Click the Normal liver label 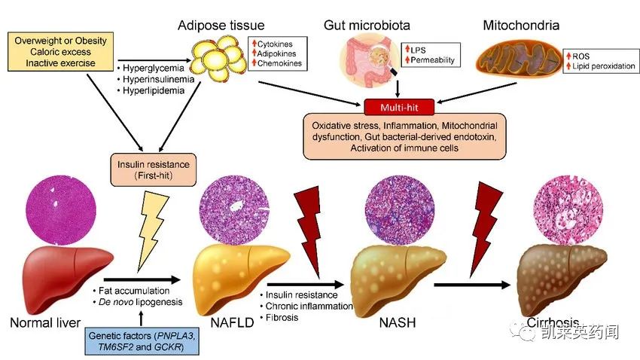pyautogui.click(x=44, y=324)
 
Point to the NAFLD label pyautogui.click(x=228, y=324)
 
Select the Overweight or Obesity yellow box pyautogui.click(x=61, y=51)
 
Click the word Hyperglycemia pyautogui.click(x=151, y=66)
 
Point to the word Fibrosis pyautogui.click(x=281, y=317)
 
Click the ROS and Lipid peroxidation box pyautogui.click(x=599, y=61)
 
